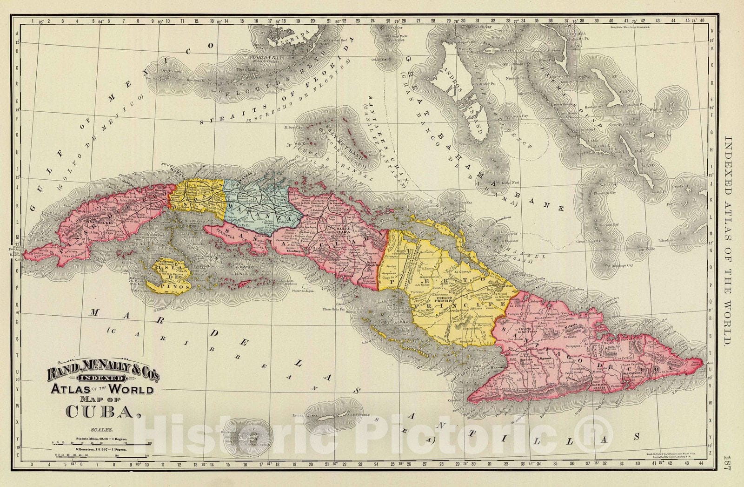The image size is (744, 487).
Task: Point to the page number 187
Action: coord(728,466)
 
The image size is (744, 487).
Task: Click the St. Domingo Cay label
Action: coord(620,266)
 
